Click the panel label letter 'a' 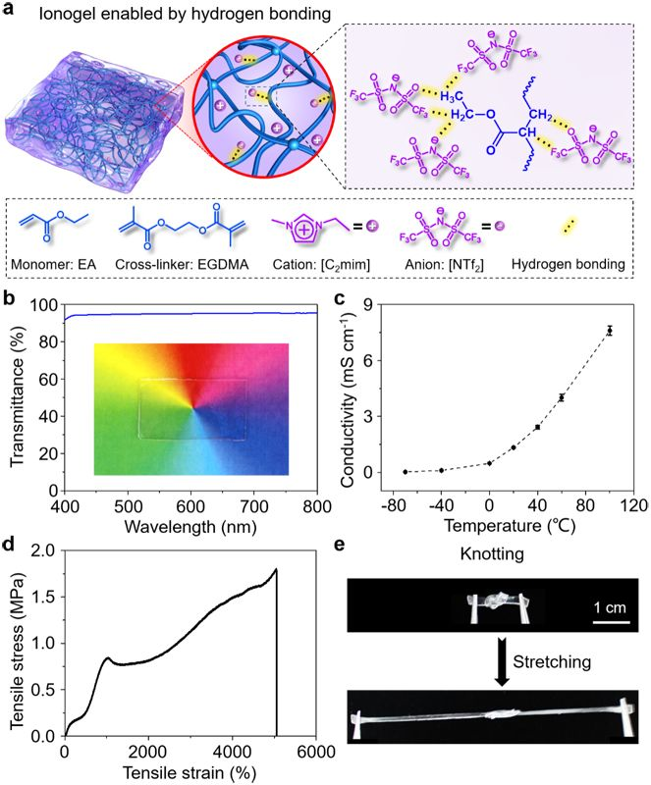point(10,11)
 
